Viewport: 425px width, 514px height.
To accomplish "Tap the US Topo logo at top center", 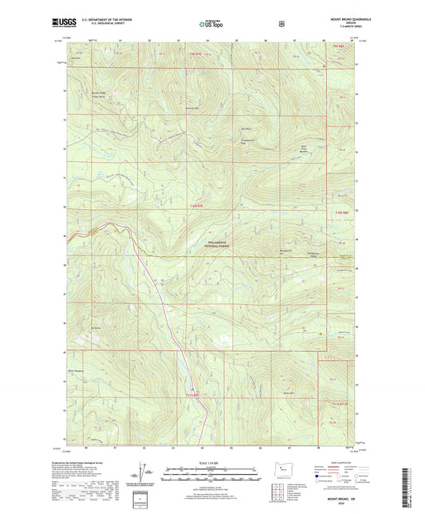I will pyautogui.click(x=211, y=25).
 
